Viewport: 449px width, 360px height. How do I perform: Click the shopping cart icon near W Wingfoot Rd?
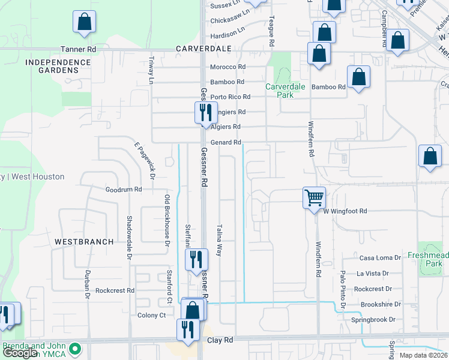tap(315, 197)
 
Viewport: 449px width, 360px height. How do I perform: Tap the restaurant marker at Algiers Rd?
tap(205, 112)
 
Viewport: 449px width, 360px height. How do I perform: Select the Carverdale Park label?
tap(286, 91)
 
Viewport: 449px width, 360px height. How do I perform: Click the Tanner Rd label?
tap(78, 49)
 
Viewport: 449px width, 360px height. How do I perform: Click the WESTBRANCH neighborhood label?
tap(84, 242)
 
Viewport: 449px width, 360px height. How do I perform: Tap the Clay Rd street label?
tap(220, 340)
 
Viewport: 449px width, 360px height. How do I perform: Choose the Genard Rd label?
tap(225, 142)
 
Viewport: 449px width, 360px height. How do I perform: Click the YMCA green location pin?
tap(75, 348)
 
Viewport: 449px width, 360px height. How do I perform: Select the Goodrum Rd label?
tap(123, 189)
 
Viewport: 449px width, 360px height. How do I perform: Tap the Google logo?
tap(19, 353)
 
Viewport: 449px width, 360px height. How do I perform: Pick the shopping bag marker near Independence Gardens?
tap(85, 22)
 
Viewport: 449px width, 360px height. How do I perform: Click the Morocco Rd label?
tap(228, 67)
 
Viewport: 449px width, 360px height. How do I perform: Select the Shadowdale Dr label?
tap(129, 238)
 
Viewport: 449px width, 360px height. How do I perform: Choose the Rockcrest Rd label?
tap(115, 290)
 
